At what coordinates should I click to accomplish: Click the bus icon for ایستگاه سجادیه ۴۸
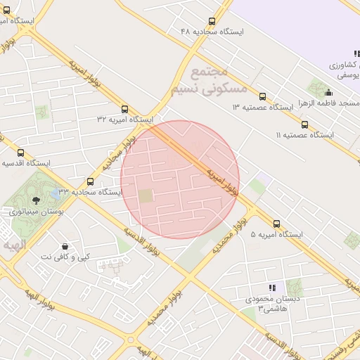[x=212, y=22]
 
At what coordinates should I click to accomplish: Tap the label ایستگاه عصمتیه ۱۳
[x=262, y=107]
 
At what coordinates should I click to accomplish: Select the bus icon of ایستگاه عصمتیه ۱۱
[x=304, y=124]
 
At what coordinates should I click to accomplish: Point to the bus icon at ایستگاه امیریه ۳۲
[x=124, y=109]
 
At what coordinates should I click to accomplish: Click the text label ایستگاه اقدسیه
[x=26, y=163]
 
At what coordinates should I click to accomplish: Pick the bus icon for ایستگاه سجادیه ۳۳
[x=89, y=181]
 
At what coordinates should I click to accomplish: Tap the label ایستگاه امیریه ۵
[x=276, y=234]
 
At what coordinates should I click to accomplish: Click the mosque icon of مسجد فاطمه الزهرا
[x=329, y=92]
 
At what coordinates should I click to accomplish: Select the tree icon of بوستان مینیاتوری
[x=36, y=200]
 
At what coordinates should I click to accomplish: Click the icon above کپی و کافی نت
[x=65, y=247]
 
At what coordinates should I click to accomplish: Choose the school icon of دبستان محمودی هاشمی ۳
[x=271, y=288]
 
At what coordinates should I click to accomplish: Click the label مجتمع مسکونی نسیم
[x=219, y=79]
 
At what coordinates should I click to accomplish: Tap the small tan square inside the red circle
[x=145, y=196]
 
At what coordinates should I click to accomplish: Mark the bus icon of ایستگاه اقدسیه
[x=20, y=153]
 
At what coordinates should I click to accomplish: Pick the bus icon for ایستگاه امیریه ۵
[x=276, y=224]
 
